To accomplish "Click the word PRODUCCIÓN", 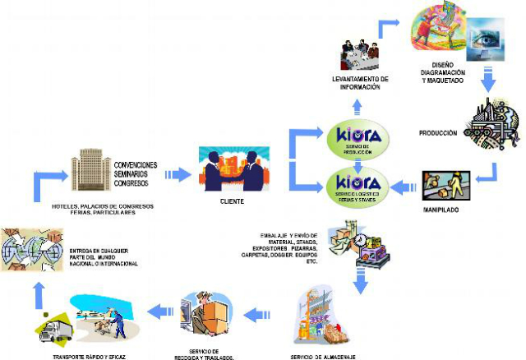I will click(437, 133).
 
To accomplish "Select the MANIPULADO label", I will click(442, 210).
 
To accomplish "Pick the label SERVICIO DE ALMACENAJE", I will click(325, 357).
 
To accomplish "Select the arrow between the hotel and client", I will click(176, 174).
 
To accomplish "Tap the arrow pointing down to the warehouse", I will click(359, 281).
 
